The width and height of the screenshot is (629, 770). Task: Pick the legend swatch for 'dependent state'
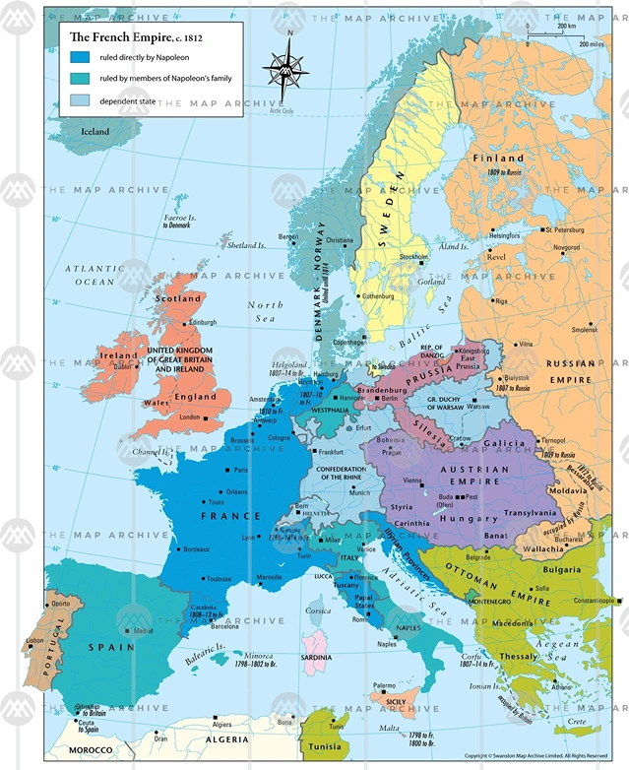click(80, 99)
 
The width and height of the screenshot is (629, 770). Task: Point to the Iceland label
click(95, 131)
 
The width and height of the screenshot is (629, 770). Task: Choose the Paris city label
click(241, 471)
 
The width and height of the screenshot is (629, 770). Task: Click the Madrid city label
click(143, 630)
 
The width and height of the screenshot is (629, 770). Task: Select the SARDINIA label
click(316, 656)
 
